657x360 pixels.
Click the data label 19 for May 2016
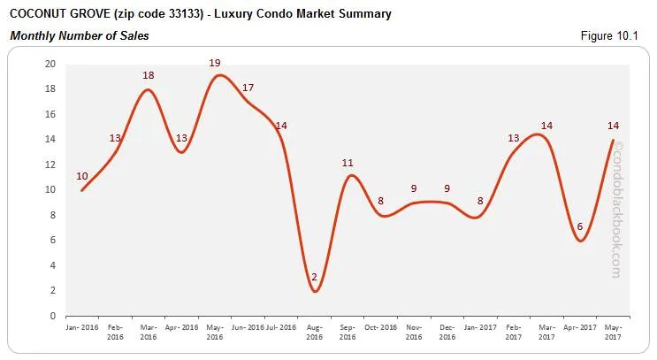(x=215, y=63)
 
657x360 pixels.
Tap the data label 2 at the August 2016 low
(x=315, y=277)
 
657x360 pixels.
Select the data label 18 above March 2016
(x=149, y=75)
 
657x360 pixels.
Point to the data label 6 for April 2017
(x=580, y=226)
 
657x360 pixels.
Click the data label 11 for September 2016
(x=348, y=163)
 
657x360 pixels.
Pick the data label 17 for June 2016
(x=248, y=88)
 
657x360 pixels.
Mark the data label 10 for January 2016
(x=82, y=176)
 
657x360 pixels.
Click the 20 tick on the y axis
(x=50, y=64)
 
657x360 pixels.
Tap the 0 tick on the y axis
(x=53, y=316)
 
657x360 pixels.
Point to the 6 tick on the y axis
(x=53, y=241)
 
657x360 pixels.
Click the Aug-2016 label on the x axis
(x=315, y=333)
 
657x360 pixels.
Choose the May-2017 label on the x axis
(x=614, y=333)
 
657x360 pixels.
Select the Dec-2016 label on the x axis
(x=447, y=333)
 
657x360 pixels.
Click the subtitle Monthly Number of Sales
(x=79, y=36)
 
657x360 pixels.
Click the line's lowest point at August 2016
(x=315, y=291)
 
